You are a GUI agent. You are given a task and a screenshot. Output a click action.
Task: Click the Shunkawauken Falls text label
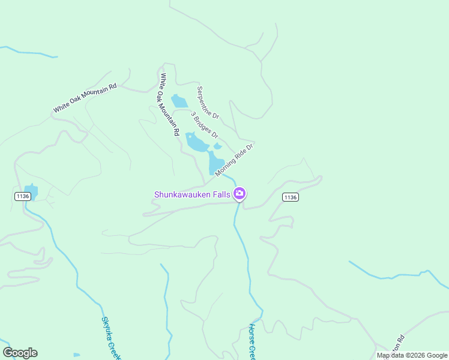(x=192, y=194)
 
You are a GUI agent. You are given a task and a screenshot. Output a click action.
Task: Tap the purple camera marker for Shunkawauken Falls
(x=240, y=193)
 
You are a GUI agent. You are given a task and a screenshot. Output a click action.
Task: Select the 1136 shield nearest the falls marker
(x=290, y=197)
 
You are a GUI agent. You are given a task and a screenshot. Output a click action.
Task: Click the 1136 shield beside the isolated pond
(x=22, y=196)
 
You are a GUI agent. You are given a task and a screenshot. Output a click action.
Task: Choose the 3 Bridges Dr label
(x=204, y=124)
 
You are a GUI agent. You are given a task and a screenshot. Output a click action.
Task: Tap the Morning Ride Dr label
(x=235, y=159)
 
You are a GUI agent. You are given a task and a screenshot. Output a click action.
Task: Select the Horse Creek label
(x=252, y=341)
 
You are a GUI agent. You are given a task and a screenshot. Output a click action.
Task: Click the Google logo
(x=20, y=353)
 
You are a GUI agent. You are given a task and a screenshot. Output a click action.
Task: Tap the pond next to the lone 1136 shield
(x=31, y=192)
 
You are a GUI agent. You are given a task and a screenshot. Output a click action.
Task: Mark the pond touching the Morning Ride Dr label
(x=215, y=163)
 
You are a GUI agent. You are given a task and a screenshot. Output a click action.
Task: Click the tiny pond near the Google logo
(x=76, y=355)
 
